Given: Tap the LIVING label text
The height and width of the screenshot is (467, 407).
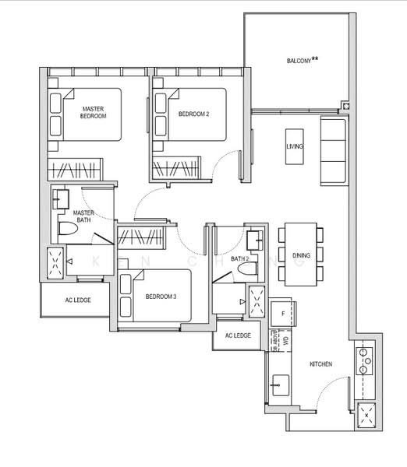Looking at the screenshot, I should pos(295,146).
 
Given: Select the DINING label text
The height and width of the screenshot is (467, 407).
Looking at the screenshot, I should pos(300,254).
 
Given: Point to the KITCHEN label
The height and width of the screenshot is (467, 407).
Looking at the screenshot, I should pos(321,364).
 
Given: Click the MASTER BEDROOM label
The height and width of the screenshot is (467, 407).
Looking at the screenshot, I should pos(94,111).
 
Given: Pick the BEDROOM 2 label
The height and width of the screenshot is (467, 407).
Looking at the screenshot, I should pos(194,114).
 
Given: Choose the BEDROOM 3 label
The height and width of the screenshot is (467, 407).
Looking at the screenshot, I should pos(161,297).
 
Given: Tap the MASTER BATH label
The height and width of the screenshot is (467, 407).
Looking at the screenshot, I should pos(84,216).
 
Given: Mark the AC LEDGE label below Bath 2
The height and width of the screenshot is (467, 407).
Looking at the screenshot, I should pos(238,335).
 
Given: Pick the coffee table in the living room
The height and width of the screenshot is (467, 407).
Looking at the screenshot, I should pos(295,146).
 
